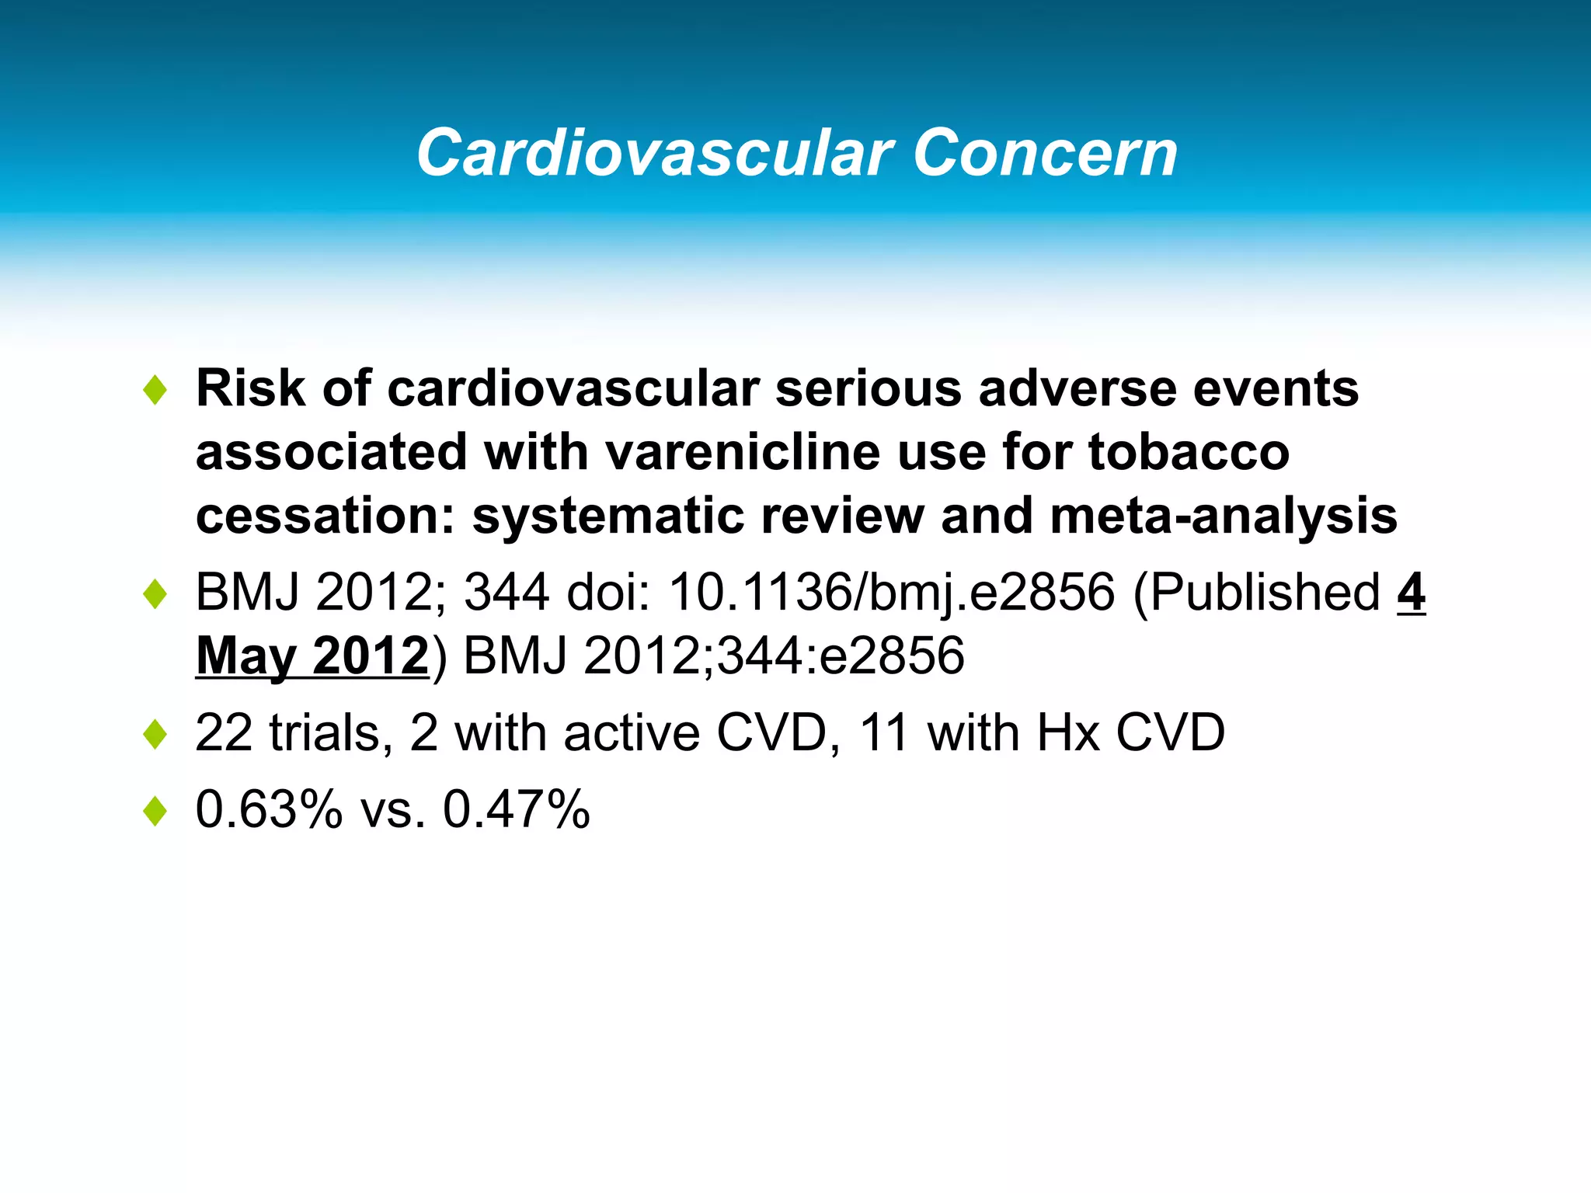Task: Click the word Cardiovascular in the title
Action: coord(655,153)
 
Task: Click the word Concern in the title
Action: coord(1045,153)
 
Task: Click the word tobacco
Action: coord(1189,452)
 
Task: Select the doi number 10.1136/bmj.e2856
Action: coord(892,592)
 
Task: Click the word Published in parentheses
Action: coord(1265,592)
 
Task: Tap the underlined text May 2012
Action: coord(312,656)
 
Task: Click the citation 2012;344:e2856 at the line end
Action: coord(774,656)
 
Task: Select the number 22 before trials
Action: coord(224,732)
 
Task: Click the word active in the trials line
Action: coord(632,732)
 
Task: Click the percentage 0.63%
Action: coord(269,809)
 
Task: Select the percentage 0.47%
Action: coord(517,809)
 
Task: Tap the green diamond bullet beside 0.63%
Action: coord(155,812)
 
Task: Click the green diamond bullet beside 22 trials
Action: coord(155,735)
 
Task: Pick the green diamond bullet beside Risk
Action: coord(155,390)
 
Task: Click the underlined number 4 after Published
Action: coord(1411,592)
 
